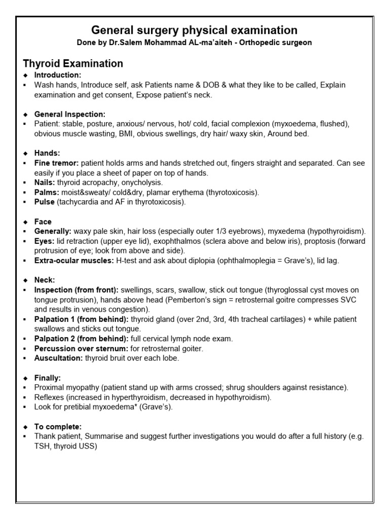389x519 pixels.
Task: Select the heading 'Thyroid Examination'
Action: [73, 63]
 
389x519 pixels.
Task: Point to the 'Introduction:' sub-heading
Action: [54, 75]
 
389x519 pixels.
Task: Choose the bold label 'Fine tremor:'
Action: [56, 163]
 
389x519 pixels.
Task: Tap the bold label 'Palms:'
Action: [47, 193]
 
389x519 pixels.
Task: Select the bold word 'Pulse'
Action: [45, 202]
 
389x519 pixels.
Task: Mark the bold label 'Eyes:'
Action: [45, 241]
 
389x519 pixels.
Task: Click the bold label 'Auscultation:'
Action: [58, 358]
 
